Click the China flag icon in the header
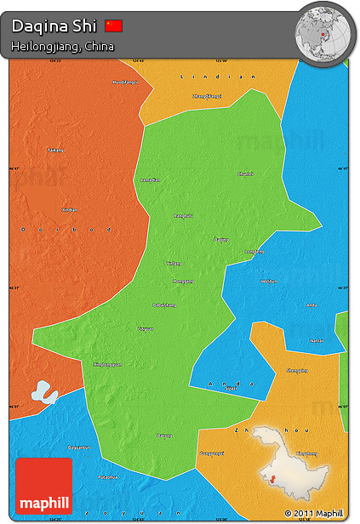pyautogui.click(x=113, y=26)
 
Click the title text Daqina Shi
pyautogui.click(x=55, y=26)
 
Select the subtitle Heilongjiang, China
pyautogui.click(x=62, y=46)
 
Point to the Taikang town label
pyautogui.click(x=55, y=151)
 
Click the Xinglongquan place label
pyautogui.click(x=106, y=364)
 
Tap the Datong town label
pyautogui.click(x=164, y=436)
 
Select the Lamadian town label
pyautogui.click(x=150, y=179)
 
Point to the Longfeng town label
pyautogui.click(x=254, y=252)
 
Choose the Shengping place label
pyautogui.click(x=298, y=370)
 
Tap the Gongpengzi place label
pyautogui.click(x=212, y=453)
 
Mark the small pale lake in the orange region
pyautogui.click(x=43, y=393)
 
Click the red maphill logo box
pyautogui.click(x=43, y=486)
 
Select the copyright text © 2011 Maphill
pyautogui.click(x=315, y=513)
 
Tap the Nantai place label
pyautogui.click(x=316, y=340)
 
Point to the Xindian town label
pyautogui.click(x=69, y=209)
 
